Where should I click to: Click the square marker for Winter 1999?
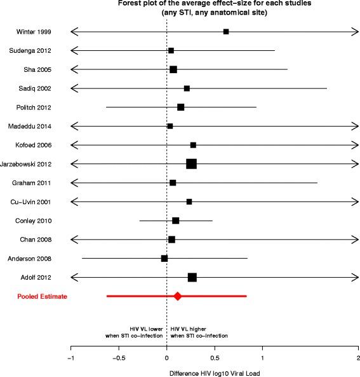(226, 31)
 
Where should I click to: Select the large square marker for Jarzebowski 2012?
(191, 164)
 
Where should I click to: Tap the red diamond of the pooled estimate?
(178, 296)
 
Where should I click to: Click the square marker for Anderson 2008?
(164, 259)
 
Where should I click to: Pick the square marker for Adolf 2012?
(192, 277)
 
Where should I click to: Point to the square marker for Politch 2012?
(181, 107)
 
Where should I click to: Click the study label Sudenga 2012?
(34, 50)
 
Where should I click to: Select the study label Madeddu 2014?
(34, 126)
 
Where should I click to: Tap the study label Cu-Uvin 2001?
(34, 202)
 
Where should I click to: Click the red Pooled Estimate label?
(43, 296)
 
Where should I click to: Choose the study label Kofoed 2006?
(36, 145)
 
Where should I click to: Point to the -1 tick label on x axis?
(70, 358)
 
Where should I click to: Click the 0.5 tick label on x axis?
(215, 358)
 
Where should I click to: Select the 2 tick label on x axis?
(358, 358)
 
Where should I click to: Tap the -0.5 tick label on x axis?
(117, 358)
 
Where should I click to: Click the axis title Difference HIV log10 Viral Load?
(214, 372)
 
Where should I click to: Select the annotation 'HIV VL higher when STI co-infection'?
(199, 332)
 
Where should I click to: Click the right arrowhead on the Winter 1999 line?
(356, 31)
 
